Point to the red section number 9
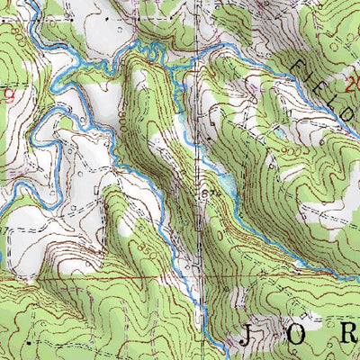[x=10, y=93]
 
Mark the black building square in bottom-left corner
[x=29, y=343]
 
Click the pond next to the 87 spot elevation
[x=227, y=185]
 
